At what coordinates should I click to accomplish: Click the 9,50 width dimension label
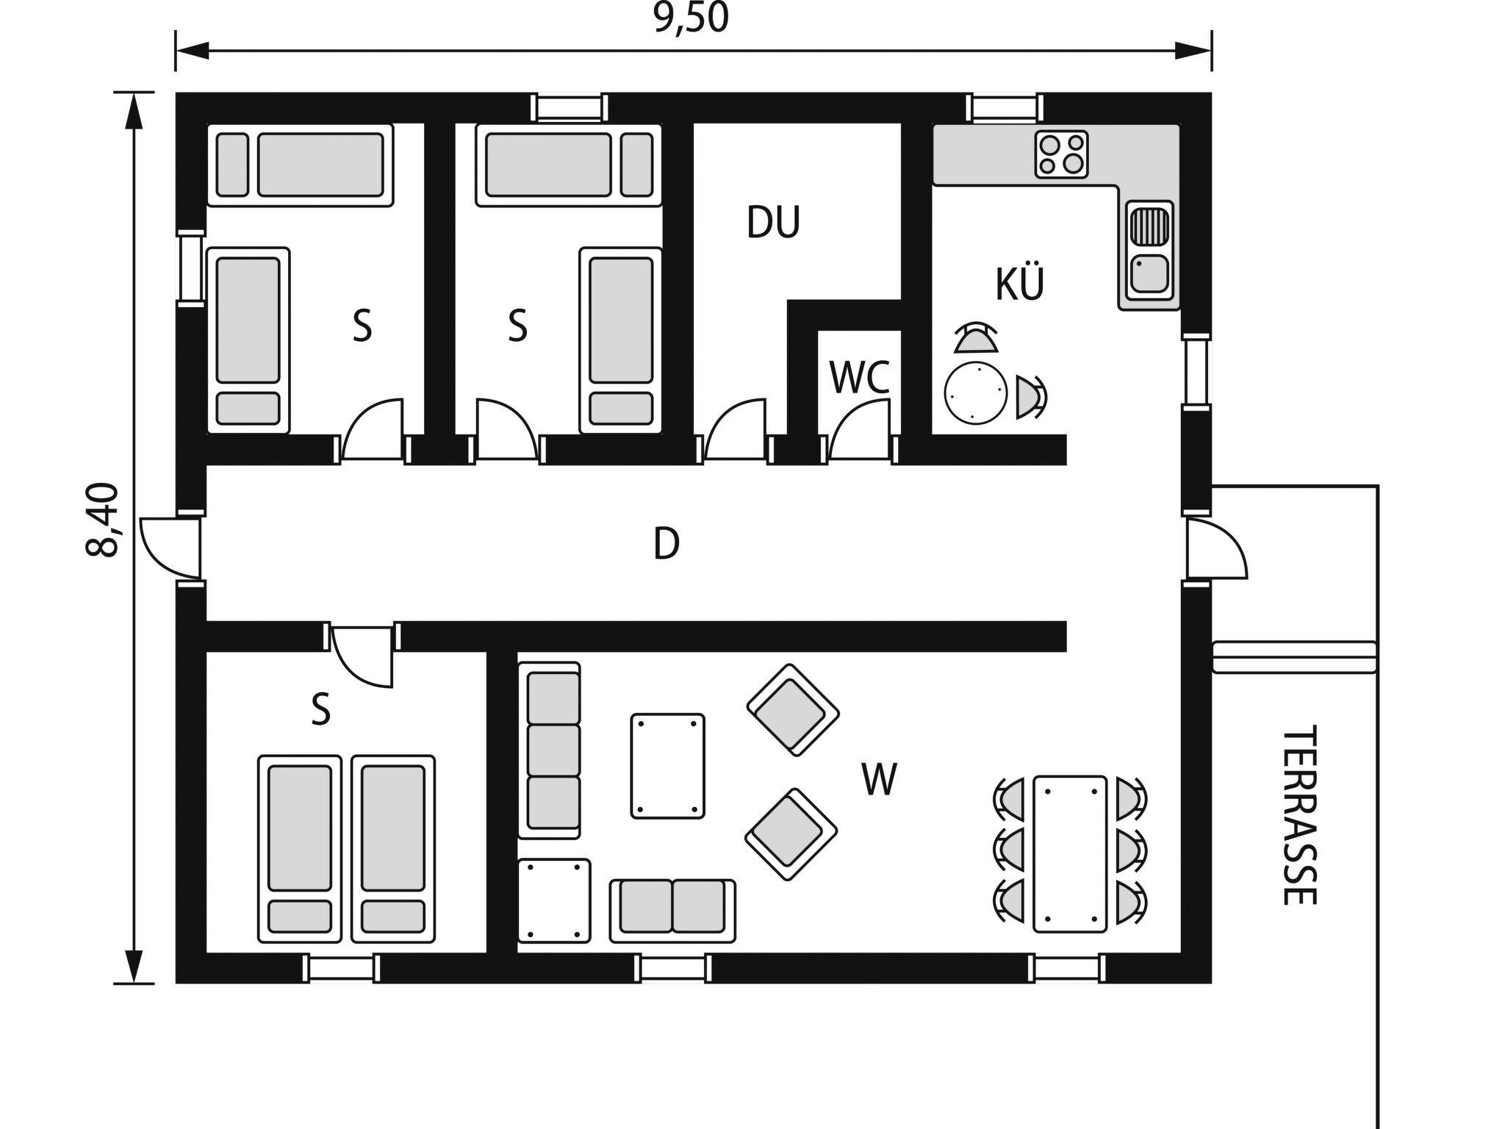691,18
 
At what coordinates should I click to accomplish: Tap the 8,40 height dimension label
103,520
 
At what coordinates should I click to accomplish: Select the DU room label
773,223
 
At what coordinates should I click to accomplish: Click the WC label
859,377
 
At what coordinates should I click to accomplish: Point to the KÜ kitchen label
1020,284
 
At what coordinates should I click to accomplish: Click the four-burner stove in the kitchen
1061,154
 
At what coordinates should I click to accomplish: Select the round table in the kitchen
976,393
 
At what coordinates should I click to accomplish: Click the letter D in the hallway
667,545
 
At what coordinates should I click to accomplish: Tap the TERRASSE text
1299,816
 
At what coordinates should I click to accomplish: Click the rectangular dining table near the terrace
1069,854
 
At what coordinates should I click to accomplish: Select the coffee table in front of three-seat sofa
667,765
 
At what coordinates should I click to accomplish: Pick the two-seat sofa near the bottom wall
672,910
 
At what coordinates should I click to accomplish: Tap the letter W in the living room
880,780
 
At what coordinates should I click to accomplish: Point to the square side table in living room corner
554,900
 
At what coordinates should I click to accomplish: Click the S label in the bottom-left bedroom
320,710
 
